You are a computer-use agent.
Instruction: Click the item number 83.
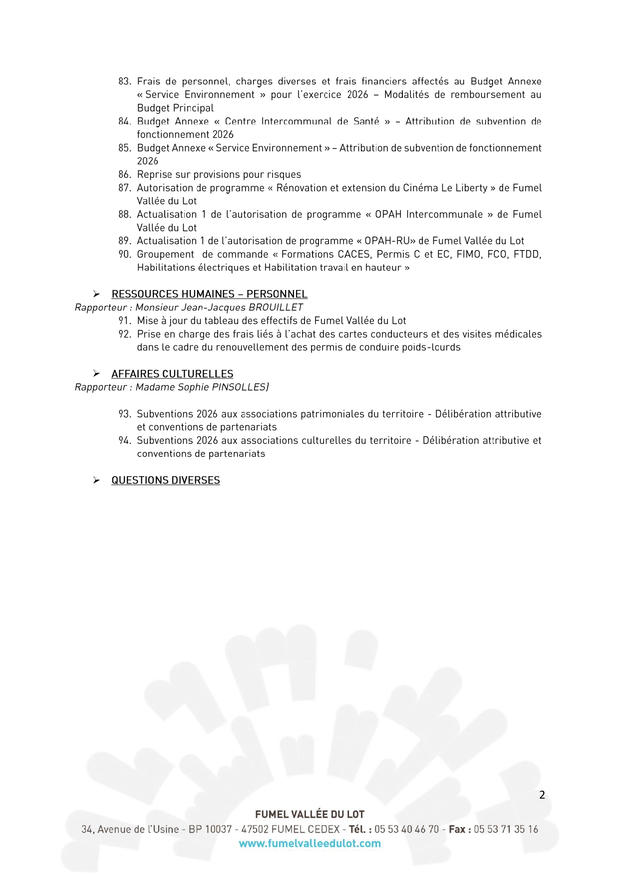(x=124, y=81)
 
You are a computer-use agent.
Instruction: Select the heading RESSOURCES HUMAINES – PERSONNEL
(x=209, y=294)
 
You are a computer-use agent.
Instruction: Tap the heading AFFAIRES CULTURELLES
(x=172, y=374)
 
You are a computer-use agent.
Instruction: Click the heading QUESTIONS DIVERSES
(x=165, y=480)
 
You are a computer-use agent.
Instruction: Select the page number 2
(x=542, y=795)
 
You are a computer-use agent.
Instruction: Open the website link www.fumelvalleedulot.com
(x=309, y=844)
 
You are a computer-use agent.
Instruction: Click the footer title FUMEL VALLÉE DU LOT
(x=309, y=814)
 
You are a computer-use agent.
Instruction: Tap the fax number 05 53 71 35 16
(x=506, y=829)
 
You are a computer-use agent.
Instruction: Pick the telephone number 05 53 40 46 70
(x=406, y=829)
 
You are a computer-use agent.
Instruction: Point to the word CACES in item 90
(x=354, y=255)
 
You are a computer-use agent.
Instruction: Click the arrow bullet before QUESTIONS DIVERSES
(x=96, y=480)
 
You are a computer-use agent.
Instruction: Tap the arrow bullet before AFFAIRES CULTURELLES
(x=96, y=374)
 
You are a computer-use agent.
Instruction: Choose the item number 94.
(x=124, y=441)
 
